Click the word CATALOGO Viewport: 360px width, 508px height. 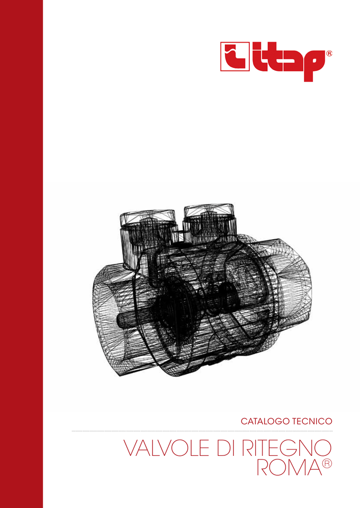(x=265, y=421)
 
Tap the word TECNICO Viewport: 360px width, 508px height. (x=312, y=421)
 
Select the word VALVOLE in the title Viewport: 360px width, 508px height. (x=166, y=448)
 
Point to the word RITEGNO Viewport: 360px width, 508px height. (x=287, y=448)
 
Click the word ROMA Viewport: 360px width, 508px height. (x=289, y=466)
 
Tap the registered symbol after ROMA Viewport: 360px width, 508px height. (x=327, y=464)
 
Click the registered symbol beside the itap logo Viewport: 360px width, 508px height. (x=329, y=54)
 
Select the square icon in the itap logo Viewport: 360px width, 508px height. (x=235, y=57)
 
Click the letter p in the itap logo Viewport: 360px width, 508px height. (x=314, y=65)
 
